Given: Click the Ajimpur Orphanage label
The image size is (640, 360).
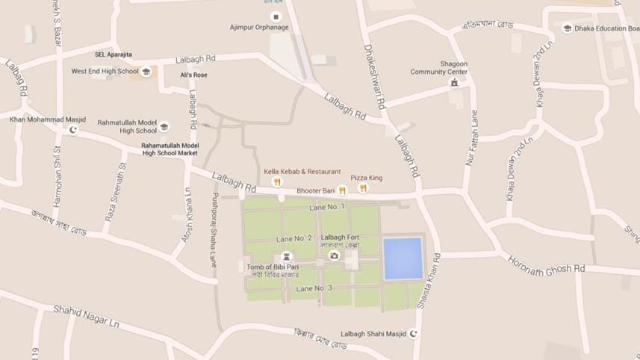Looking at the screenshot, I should tap(258, 28).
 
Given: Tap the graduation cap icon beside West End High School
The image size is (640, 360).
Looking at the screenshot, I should tap(146, 72).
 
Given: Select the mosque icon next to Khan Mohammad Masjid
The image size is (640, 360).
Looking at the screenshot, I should tap(73, 130).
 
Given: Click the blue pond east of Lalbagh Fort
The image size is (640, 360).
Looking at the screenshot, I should tap(403, 258).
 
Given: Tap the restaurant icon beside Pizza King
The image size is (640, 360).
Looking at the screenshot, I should tap(363, 188).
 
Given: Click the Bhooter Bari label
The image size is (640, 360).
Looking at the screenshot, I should tap(315, 191).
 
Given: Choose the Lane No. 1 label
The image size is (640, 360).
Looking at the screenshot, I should tap(326, 207).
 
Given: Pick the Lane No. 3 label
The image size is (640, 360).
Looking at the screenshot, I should tap(314, 288).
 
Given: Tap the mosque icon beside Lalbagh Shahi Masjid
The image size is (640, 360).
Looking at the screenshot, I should tap(415, 334).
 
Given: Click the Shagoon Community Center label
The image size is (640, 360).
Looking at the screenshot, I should tap(439, 68).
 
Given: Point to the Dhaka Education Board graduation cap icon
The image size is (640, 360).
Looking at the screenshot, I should tap(567, 28).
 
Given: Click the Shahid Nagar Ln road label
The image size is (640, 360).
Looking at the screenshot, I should tap(86, 315).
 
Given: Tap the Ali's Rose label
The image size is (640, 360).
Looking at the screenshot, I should tap(194, 75).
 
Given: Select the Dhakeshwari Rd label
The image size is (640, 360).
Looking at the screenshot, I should tap(375, 78).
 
